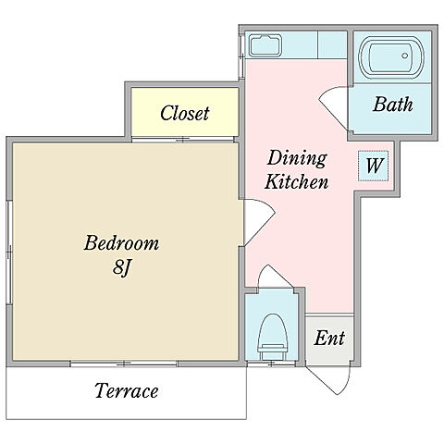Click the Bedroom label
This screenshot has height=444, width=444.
tap(121, 243)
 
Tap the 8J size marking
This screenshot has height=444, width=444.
tap(122, 266)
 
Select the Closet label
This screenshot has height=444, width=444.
tap(185, 113)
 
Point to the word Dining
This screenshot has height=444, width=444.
tap(297, 158)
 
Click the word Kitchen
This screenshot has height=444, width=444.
tap(297, 181)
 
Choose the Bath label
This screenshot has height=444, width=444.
tap(393, 105)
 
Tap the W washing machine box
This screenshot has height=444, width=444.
tap(373, 166)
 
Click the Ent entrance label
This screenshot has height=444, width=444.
tap(329, 338)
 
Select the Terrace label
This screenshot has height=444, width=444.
tap(127, 390)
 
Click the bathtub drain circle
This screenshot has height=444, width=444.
tap(405, 55)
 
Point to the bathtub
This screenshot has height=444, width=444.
tap(391, 57)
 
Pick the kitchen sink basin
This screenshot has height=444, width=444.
tap(265, 45)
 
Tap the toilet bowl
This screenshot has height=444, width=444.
tap(273, 337)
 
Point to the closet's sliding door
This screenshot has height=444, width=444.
tap(182, 140)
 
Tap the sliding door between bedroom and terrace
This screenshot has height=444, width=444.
tap(124, 364)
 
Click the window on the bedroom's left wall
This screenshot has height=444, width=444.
tap(9, 253)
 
